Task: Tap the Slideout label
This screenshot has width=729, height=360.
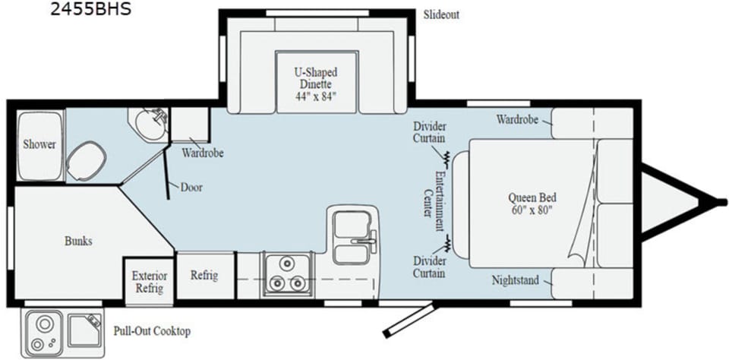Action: click(x=440, y=14)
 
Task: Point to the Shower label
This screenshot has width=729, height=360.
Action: click(x=39, y=144)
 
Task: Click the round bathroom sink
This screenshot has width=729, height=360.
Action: click(x=147, y=124)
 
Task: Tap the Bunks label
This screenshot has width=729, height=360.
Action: click(x=77, y=242)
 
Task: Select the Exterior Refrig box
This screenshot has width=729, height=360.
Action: click(x=149, y=281)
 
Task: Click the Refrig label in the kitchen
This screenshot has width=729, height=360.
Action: click(x=204, y=275)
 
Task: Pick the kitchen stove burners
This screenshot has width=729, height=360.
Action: click(x=285, y=274)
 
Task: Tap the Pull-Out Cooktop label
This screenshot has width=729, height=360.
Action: click(x=151, y=331)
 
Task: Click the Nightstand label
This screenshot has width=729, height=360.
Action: click(x=515, y=280)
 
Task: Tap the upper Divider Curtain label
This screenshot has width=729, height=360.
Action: click(x=429, y=132)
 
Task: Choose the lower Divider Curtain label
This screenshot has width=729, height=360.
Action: click(x=429, y=267)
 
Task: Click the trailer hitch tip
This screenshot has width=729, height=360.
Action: click(x=717, y=201)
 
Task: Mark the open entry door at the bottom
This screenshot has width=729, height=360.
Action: click(x=410, y=320)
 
